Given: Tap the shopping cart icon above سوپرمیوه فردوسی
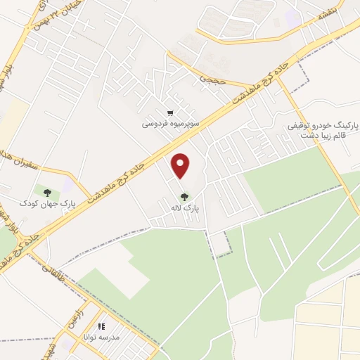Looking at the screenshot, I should pos(170,112).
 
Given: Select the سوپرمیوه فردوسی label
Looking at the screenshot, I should pos(171,123).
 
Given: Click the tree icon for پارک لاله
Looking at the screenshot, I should pos(184,198).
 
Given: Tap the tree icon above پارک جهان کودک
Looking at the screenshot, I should pos(47,191).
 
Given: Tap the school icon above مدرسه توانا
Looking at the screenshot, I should pos(101,327).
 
